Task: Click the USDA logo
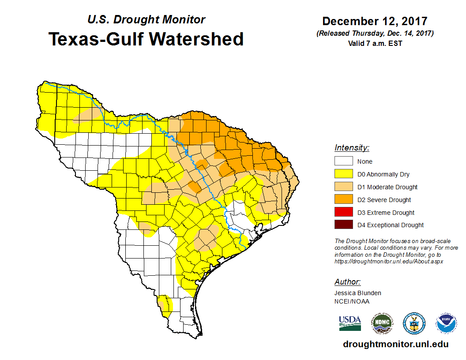(350, 323)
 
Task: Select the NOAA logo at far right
(446, 323)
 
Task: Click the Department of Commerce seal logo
(414, 323)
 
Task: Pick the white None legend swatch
(343, 161)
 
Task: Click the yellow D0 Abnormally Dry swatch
(343, 174)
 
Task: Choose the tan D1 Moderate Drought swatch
(343, 187)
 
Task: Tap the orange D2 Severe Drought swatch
(343, 200)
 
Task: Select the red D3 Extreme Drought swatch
(343, 212)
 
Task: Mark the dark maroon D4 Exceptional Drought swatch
(343, 225)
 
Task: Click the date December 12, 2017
(375, 21)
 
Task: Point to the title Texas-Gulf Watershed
(146, 39)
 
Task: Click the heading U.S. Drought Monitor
(146, 20)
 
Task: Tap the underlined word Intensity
(352, 148)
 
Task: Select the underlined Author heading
(347, 282)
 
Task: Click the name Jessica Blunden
(357, 293)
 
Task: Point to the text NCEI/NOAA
(352, 301)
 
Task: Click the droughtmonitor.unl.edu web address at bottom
(396, 345)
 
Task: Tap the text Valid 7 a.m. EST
(375, 43)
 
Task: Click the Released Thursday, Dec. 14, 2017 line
(375, 34)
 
